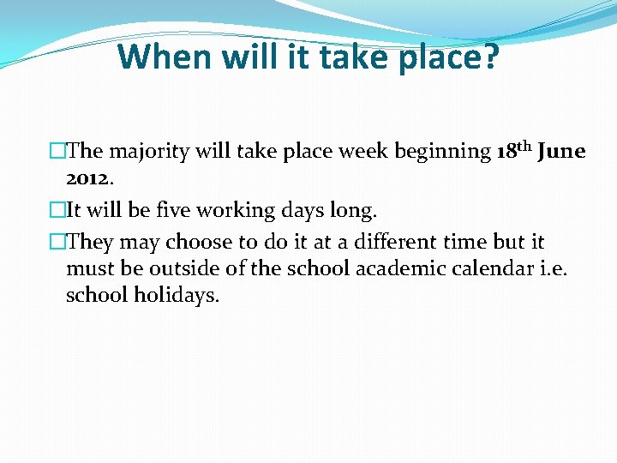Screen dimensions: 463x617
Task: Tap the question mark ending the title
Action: [488, 57]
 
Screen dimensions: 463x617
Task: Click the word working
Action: [230, 210]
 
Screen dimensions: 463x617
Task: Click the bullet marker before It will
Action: [57, 210]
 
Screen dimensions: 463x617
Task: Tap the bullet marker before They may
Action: [57, 242]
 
